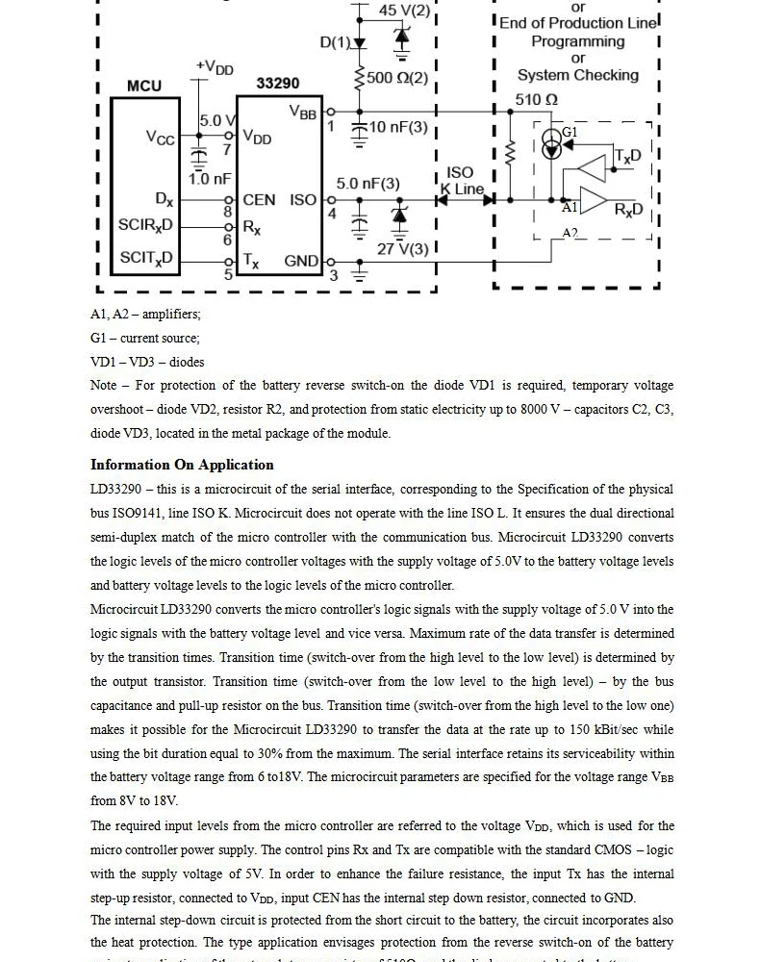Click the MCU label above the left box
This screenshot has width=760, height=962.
[x=144, y=86]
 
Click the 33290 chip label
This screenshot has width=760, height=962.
[x=277, y=84]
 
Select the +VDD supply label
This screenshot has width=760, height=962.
[x=215, y=67]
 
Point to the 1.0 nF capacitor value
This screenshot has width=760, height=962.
[x=210, y=178]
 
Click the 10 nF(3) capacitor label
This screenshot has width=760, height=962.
[x=397, y=127]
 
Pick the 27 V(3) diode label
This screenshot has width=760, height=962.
[x=402, y=249]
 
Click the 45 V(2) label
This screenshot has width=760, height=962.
[x=404, y=11]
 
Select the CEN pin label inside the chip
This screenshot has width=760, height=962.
[x=260, y=200]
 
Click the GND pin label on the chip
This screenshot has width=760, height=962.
[x=301, y=261]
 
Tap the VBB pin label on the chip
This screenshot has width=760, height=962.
[x=302, y=113]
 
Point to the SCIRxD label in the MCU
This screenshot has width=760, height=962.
[x=145, y=225]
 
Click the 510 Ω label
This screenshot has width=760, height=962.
[x=537, y=99]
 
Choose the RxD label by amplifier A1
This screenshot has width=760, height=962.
[x=628, y=210]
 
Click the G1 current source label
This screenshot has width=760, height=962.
[x=570, y=132]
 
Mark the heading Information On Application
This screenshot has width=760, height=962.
[x=182, y=465]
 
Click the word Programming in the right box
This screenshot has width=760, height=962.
[x=577, y=41]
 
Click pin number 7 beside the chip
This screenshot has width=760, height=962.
[x=228, y=150]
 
